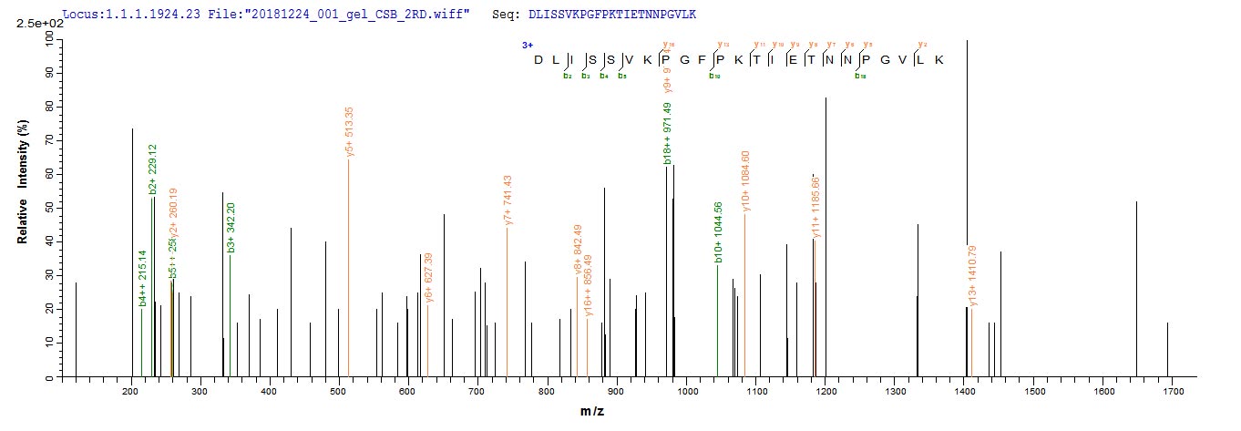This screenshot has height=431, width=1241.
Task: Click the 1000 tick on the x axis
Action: [686, 391]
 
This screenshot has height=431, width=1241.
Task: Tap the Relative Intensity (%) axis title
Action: [21, 206]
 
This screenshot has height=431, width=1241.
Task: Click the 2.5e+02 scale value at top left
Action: [36, 23]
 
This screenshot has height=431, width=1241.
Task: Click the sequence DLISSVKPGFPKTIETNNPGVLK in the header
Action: [613, 15]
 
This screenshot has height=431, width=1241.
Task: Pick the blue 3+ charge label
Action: [527, 45]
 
